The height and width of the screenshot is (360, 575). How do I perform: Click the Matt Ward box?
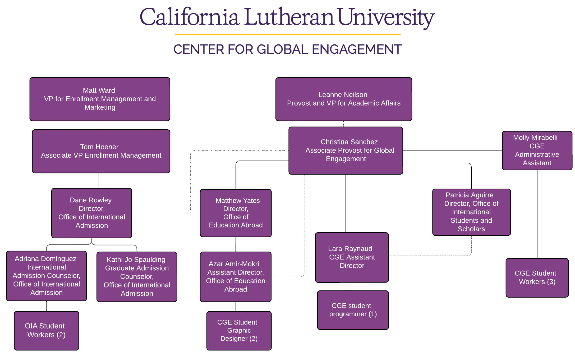(100, 99)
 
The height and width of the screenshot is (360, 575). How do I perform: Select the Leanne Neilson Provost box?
(343, 99)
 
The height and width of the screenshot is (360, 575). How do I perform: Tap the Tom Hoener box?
(101, 151)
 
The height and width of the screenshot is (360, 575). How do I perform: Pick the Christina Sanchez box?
(346, 151)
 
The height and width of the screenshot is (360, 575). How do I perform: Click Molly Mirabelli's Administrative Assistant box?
(537, 151)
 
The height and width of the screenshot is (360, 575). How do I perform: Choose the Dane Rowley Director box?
(91, 213)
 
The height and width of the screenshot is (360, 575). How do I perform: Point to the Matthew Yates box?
(236, 213)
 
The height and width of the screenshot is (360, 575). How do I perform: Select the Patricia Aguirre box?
(471, 212)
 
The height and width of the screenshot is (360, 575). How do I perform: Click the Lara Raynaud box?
(352, 257)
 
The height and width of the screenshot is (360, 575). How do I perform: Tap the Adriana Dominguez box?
(47, 276)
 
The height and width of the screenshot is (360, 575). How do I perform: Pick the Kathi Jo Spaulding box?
(137, 277)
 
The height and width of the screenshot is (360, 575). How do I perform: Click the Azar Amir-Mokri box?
(236, 277)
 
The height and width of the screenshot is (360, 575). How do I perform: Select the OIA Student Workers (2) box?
(47, 331)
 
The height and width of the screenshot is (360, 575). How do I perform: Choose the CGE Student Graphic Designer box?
(239, 331)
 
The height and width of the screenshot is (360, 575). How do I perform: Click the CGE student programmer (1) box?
(353, 310)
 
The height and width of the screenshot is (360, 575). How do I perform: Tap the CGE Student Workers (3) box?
(537, 278)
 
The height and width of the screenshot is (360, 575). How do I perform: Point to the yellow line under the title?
(287, 34)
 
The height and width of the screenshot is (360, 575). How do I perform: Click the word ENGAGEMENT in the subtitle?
(357, 49)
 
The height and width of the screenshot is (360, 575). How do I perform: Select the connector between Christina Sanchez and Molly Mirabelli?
(452, 151)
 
